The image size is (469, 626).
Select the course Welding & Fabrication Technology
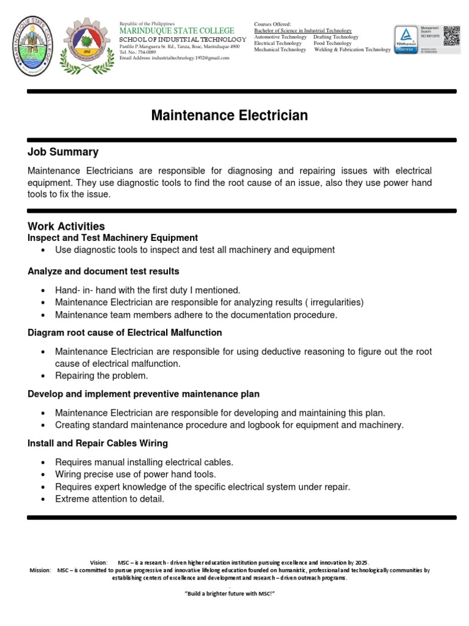click(352, 50)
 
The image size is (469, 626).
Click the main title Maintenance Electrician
click(230, 116)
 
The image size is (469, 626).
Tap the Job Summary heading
click(63, 152)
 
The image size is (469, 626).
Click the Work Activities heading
click(67, 226)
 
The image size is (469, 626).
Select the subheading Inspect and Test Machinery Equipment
click(113, 238)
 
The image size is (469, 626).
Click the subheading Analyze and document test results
click(104, 271)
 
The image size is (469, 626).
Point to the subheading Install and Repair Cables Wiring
click(98, 443)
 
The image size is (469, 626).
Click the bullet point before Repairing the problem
click(43, 376)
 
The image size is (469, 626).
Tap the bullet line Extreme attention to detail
click(110, 499)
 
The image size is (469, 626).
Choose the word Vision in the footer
click(98, 562)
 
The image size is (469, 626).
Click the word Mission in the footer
click(40, 570)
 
